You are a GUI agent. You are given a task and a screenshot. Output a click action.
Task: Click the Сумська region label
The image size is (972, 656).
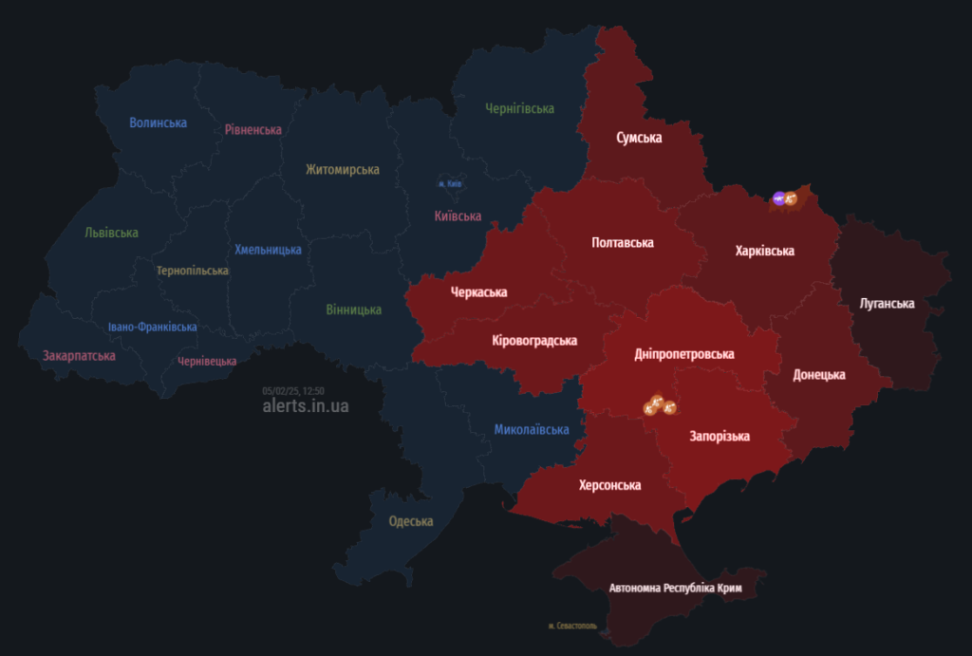tap(639, 139)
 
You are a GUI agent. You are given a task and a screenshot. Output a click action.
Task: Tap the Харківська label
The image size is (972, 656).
tap(764, 252)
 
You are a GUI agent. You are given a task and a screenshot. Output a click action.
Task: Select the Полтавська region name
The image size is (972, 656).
tap(622, 243)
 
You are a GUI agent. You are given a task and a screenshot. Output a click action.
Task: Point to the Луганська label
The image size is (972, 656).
tap(887, 304)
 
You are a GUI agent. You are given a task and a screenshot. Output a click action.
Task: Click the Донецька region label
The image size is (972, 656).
tap(819, 375)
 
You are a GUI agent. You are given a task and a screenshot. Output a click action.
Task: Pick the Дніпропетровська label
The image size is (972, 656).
tap(683, 354)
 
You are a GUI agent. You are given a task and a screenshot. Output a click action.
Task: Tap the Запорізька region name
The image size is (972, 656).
tap(719, 437)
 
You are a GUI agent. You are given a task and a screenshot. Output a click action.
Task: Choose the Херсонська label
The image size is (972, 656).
tap(609, 486)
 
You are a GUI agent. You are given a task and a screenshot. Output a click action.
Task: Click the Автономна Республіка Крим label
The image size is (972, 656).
tap(675, 589)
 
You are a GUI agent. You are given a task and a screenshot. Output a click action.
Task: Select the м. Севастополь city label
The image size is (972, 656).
tap(572, 627)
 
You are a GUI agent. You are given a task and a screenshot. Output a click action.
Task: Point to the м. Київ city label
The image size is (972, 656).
tap(450, 183)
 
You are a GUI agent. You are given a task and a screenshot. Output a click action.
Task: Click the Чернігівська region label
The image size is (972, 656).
tap(519, 109)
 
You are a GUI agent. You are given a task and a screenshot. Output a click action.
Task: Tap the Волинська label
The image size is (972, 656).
tap(158, 122)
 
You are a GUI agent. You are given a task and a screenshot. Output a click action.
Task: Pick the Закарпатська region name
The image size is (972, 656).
tap(79, 356)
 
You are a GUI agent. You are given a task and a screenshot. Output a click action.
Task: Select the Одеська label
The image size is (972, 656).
tap(410, 521)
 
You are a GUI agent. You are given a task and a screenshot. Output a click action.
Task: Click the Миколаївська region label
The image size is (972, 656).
tap(532, 430)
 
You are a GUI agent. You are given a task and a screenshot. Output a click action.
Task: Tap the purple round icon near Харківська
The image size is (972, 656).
tap(778, 197)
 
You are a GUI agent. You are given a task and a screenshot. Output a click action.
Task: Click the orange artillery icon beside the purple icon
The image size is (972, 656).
tap(791, 198)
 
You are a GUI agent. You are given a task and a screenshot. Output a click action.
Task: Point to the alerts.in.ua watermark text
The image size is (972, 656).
tap(306, 405)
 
